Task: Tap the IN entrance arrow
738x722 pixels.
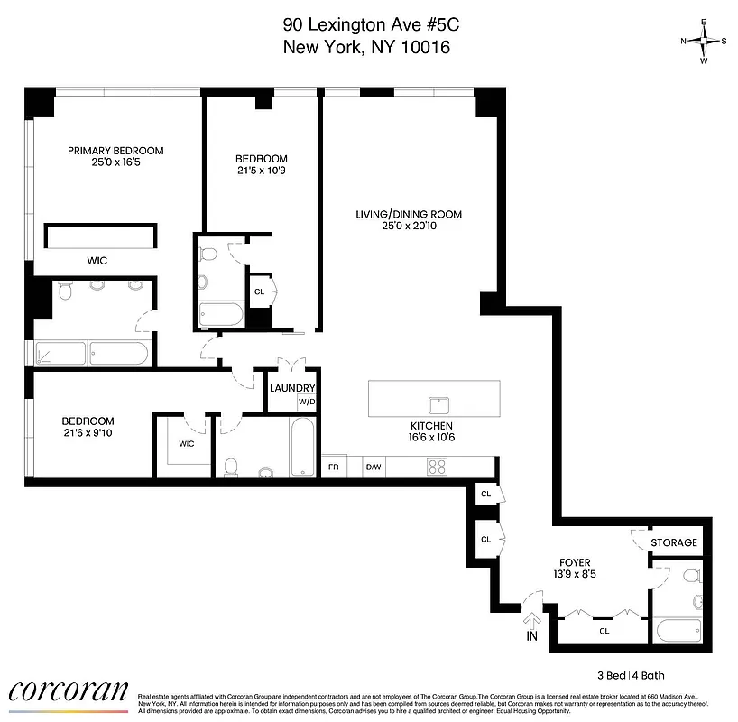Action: click(531, 624)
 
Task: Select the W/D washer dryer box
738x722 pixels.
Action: click(307, 402)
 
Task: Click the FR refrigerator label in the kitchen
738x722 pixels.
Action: click(334, 467)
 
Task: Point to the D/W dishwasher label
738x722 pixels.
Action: click(373, 467)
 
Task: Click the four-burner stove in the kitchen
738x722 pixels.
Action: click(438, 467)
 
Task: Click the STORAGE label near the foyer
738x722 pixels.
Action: click(676, 542)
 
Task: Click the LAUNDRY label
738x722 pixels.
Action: click(292, 388)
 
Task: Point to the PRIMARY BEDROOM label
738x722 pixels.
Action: click(115, 151)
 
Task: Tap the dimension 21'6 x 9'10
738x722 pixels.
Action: click(88, 433)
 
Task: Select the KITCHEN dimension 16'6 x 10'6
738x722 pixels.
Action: click(430, 438)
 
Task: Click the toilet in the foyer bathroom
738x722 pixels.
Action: click(696, 600)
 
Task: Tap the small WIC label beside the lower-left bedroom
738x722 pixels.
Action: click(187, 443)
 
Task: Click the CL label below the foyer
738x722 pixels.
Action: click(604, 632)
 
